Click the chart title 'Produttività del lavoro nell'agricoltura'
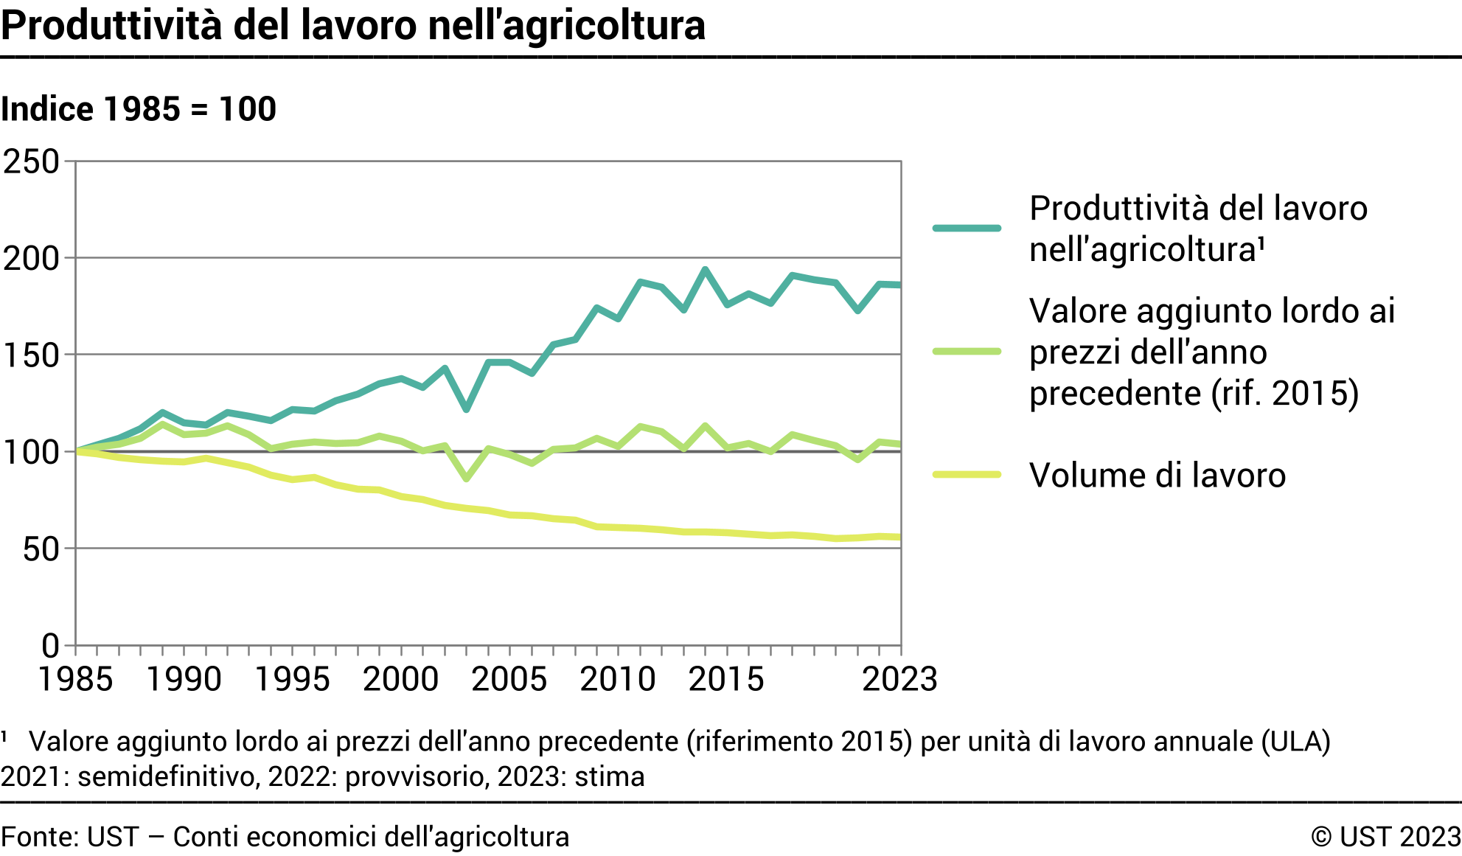[353, 26]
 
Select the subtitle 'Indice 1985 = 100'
[139, 109]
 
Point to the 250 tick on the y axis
[32, 161]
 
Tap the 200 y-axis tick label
[32, 259]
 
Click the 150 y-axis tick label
[32, 355]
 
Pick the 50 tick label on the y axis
[41, 549]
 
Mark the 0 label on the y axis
[50, 646]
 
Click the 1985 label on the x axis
[75, 679]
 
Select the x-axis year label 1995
[292, 679]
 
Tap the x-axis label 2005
[509, 679]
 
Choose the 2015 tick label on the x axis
[726, 679]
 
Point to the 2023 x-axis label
[899, 679]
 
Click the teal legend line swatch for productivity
[967, 229]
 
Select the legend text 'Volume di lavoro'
[1158, 476]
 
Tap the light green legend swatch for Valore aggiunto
[967, 352]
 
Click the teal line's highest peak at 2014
[706, 270]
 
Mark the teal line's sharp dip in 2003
[466, 409]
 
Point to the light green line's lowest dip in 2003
[466, 479]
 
